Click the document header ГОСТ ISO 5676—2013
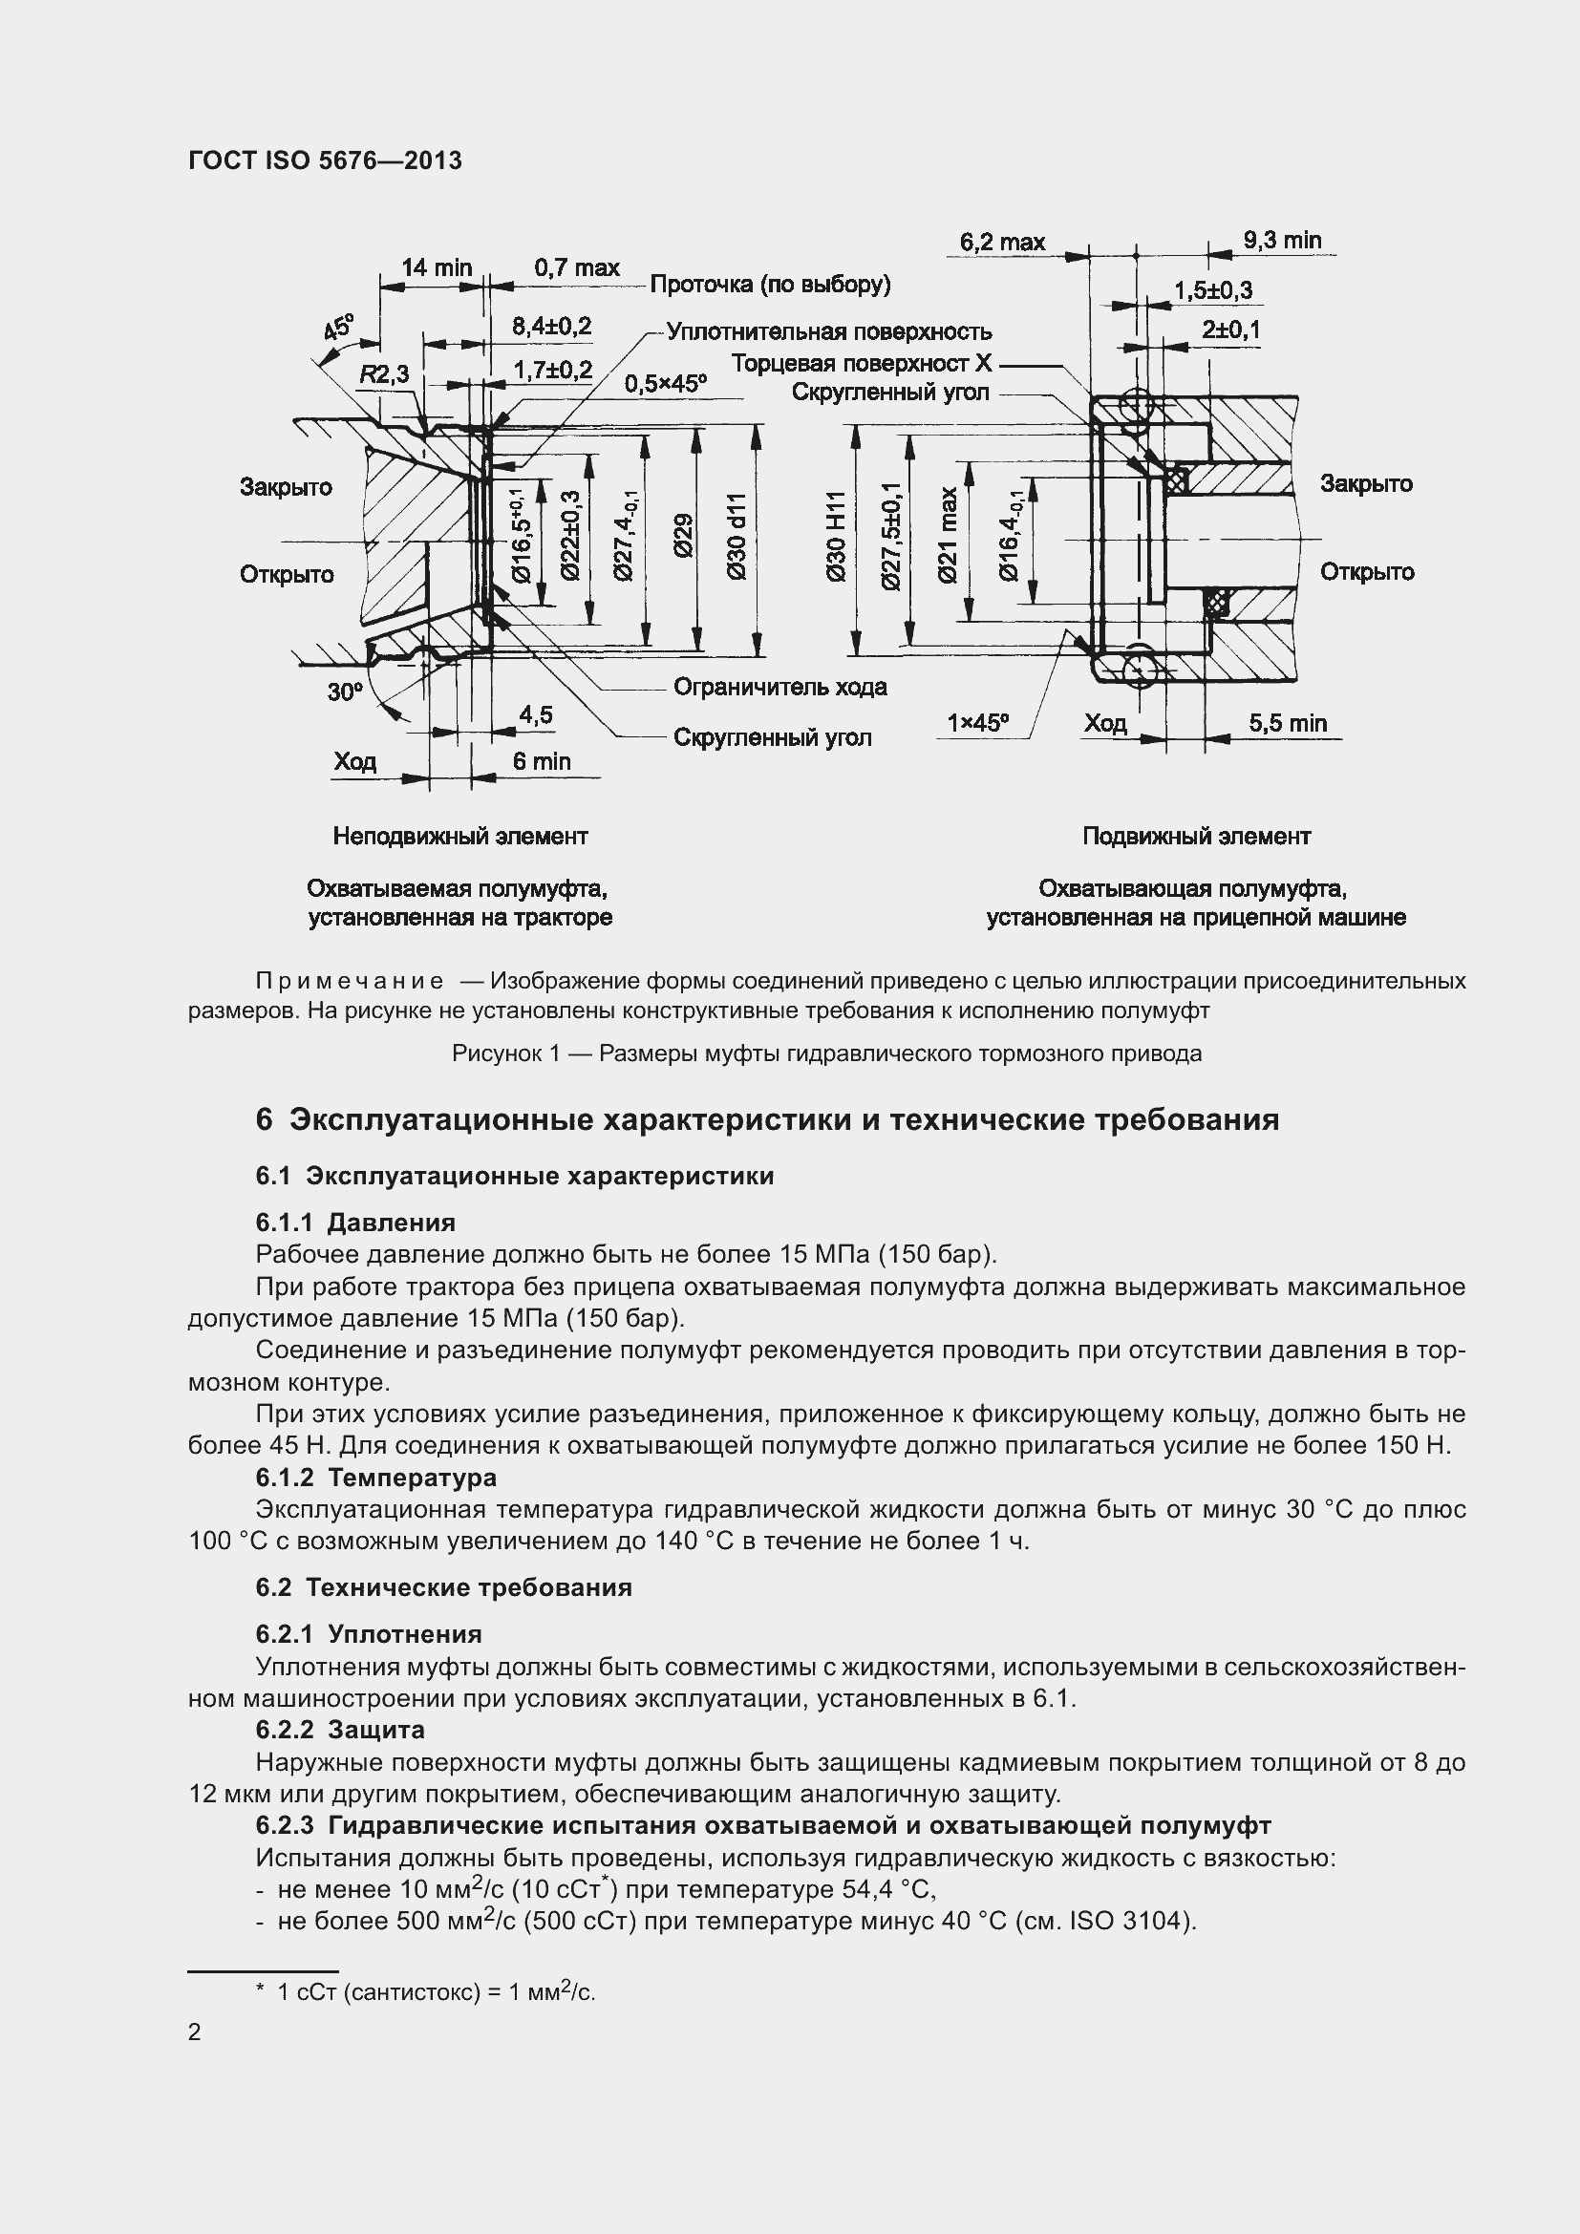pyautogui.click(x=325, y=160)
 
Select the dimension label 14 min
pyautogui.click(x=437, y=267)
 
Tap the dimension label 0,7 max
pyautogui.click(x=577, y=267)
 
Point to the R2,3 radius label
pyautogui.click(x=383, y=374)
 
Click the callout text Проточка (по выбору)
pyautogui.click(x=770, y=284)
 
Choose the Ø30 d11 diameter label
pyautogui.click(x=737, y=537)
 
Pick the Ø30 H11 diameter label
pyautogui.click(x=836, y=537)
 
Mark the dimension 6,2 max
pyautogui.click(x=1002, y=242)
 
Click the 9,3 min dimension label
pyautogui.click(x=1282, y=241)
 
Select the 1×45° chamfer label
pyautogui.click(x=978, y=723)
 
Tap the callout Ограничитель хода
pyautogui.click(x=780, y=687)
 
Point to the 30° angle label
pyautogui.click(x=345, y=692)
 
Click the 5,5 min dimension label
pyautogui.click(x=1288, y=723)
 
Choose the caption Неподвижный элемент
pyautogui.click(x=460, y=836)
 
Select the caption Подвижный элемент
pyautogui.click(x=1197, y=836)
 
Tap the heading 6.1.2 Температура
pyautogui.click(x=376, y=1478)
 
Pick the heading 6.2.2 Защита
pyautogui.click(x=340, y=1730)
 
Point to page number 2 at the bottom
pyautogui.click(x=195, y=2032)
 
